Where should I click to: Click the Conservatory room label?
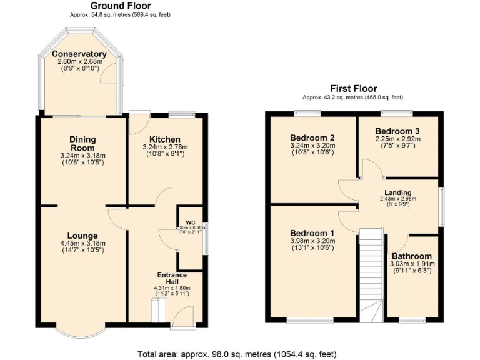(79, 54)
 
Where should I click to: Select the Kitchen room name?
(165, 139)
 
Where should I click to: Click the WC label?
(190, 222)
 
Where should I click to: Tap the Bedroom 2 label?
(312, 137)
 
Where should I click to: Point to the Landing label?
(397, 192)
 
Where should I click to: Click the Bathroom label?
(411, 256)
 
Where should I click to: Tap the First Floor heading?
(353, 89)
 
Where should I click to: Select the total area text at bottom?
(239, 354)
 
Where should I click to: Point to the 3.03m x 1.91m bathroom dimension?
(411, 264)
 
